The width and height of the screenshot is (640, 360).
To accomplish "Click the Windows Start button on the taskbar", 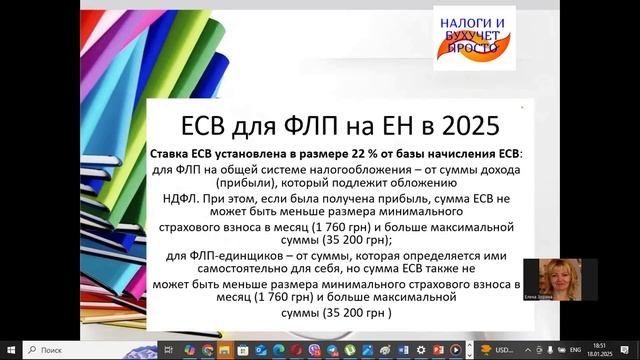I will tap(11, 350).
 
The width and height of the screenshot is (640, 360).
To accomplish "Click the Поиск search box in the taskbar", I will tap(80, 350).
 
